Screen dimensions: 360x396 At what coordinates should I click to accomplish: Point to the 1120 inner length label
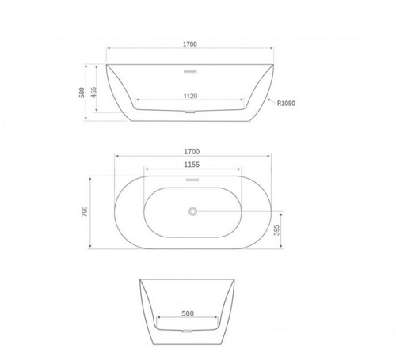pos(189,95)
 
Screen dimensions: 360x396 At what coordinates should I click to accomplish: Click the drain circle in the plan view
pos(192,211)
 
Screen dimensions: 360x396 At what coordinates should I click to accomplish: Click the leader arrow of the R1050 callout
pos(269,99)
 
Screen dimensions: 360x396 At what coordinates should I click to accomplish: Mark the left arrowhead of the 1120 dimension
pos(139,101)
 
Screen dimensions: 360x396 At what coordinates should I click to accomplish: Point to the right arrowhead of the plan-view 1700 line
pos(273,156)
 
